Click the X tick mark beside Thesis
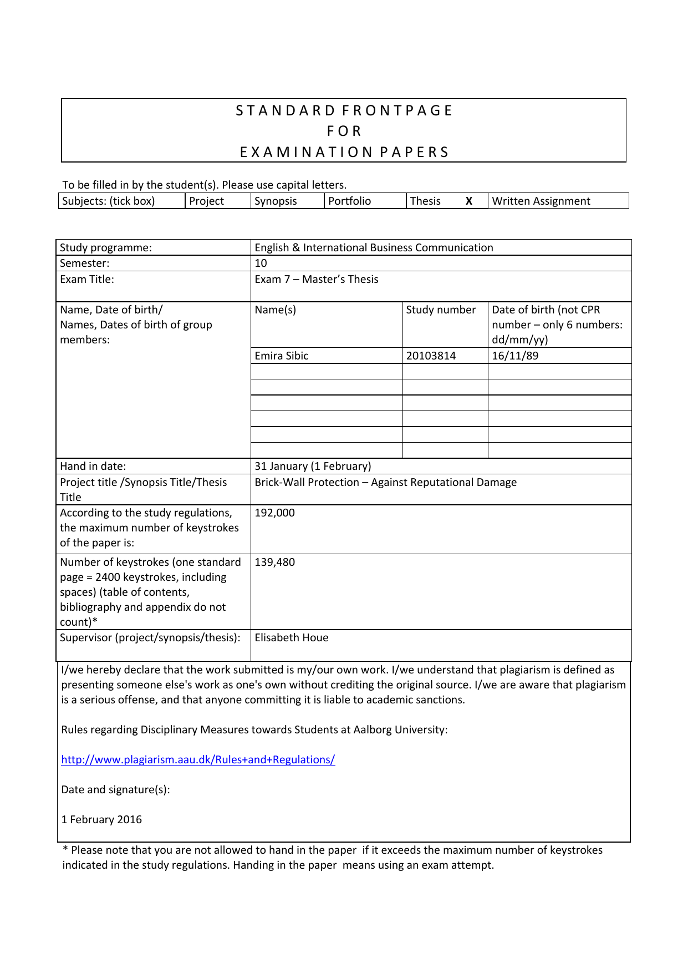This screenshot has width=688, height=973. point(468,201)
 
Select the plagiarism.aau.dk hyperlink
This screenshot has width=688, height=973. point(198,759)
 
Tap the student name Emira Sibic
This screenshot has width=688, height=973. point(281,356)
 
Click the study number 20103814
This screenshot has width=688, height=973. point(431,356)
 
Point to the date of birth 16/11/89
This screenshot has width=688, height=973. point(514,356)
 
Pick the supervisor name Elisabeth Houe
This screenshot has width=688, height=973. point(291,637)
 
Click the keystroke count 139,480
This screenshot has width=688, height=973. point(274,562)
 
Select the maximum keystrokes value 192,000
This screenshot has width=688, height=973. point(274,513)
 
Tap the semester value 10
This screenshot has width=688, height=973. point(261,263)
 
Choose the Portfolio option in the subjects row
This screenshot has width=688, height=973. point(349,201)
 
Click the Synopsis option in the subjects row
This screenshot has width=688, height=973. point(276,201)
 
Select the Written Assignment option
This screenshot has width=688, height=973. point(541,201)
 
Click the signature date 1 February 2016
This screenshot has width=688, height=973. point(101,819)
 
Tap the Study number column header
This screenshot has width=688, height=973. point(441,310)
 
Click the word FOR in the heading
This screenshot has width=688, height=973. point(344,131)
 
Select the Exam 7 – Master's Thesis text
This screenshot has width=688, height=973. point(316,279)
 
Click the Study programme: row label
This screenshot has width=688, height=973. point(105,247)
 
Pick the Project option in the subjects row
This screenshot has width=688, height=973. point(206,201)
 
